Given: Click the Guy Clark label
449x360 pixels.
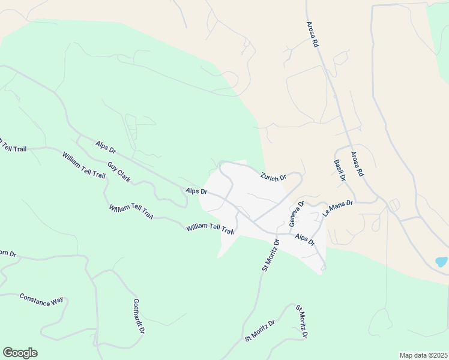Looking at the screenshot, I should tap(119, 172).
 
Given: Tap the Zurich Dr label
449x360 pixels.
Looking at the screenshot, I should tap(273, 177).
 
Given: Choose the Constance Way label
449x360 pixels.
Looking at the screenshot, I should tap(41, 299).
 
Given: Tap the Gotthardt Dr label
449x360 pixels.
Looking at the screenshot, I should tap(139, 316).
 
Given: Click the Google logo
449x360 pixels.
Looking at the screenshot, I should tap(20, 353).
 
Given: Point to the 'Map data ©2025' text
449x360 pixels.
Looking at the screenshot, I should tap(423, 355).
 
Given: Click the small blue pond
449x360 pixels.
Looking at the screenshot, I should tap(441, 262).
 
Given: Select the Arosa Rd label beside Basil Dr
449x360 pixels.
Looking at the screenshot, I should tap(358, 163).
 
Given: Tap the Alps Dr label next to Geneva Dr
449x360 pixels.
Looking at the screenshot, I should tap(305, 239).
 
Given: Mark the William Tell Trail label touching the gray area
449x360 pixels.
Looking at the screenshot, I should tap(209, 229).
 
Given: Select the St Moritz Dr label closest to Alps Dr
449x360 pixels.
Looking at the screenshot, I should tap(271, 256).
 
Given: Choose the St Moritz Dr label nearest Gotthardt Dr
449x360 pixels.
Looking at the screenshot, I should tap(259, 331).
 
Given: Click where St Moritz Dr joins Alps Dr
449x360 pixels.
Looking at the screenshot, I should tap(277, 233).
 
